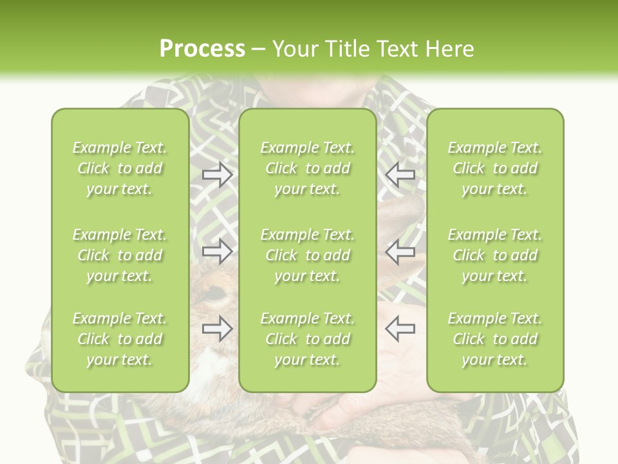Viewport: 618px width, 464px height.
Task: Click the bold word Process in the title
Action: (202, 49)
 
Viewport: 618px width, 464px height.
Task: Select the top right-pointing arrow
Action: (217, 175)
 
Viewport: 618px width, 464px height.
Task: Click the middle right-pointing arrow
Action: (217, 251)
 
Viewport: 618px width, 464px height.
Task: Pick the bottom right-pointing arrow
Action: (217, 329)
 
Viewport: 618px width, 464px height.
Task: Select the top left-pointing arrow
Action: (400, 175)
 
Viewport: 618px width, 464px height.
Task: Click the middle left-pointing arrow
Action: (400, 251)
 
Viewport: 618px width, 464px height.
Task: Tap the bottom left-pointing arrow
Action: (400, 329)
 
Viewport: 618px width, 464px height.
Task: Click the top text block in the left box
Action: (120, 168)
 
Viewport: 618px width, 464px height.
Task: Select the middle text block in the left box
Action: (120, 255)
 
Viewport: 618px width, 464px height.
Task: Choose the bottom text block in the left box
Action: (120, 339)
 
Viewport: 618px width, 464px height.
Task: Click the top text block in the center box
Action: (307, 168)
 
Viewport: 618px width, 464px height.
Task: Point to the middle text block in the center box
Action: (307, 255)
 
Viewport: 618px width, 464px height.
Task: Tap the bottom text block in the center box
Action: (307, 339)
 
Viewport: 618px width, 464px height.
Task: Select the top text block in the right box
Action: (494, 168)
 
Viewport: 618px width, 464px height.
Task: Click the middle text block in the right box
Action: (494, 255)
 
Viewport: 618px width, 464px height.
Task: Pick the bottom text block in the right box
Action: (494, 339)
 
